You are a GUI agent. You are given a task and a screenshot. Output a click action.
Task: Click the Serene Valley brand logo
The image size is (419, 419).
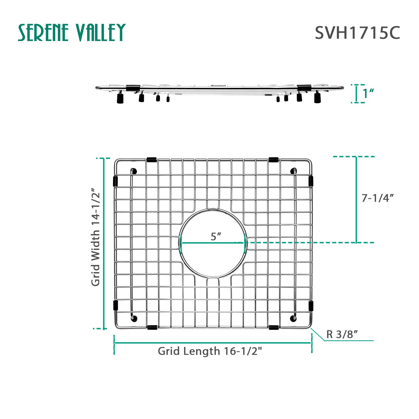pyautogui.click(x=72, y=33)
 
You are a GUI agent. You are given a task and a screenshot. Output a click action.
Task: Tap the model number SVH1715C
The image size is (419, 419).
pyautogui.click(x=357, y=33)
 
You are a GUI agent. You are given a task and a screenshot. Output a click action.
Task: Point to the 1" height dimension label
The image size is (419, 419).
pyautogui.click(x=368, y=94)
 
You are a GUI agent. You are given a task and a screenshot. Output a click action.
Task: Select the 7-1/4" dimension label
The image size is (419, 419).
pyautogui.click(x=377, y=198)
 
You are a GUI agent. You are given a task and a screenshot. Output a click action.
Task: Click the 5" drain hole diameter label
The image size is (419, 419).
pyautogui.click(x=216, y=237)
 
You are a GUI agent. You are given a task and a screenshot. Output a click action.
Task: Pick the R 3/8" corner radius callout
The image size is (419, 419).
pyautogui.click(x=342, y=334)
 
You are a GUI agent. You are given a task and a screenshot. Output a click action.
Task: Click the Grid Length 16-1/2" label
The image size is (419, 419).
pyautogui.click(x=210, y=351)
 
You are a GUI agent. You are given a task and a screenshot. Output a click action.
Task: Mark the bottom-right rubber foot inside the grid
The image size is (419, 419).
pyautogui.click(x=293, y=318)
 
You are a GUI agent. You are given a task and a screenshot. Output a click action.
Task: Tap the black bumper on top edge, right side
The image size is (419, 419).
pyautogui.click(x=273, y=160)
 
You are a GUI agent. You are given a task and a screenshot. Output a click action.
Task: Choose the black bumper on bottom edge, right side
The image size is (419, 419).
pyautogui.click(x=273, y=327)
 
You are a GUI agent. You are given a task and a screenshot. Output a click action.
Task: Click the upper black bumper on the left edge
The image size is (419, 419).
pyautogui.click(x=115, y=181)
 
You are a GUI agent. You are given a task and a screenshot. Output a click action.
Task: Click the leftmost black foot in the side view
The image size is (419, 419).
pyautogui.click(x=120, y=99)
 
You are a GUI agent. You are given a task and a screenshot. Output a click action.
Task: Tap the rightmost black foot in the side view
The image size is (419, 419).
pyautogui.click(x=317, y=98)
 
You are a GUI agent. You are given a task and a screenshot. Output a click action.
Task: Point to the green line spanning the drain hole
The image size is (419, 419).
pyautogui.click(x=213, y=243)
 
